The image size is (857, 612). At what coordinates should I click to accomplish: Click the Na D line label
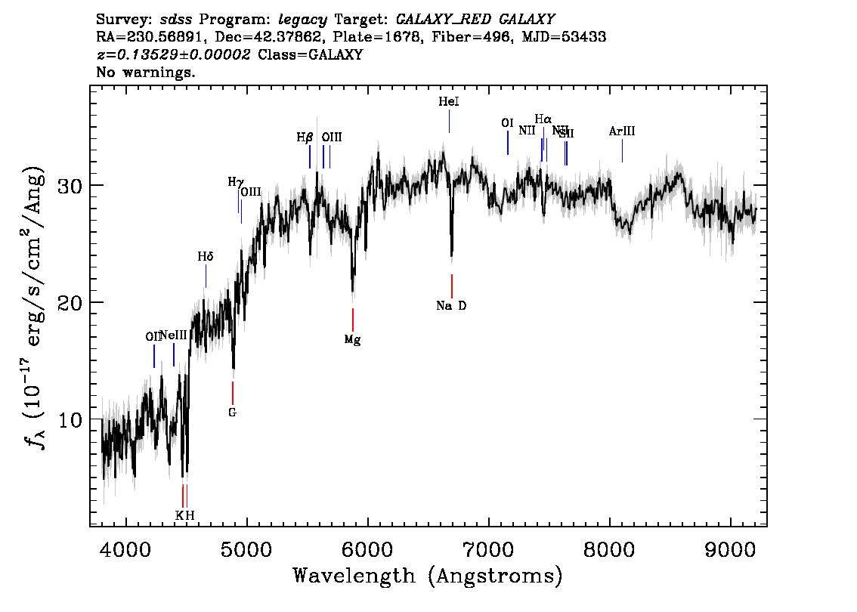(451, 306)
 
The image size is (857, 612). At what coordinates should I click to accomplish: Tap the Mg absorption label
(352, 340)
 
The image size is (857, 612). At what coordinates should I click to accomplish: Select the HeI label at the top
(448, 101)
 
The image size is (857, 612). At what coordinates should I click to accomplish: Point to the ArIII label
(621, 131)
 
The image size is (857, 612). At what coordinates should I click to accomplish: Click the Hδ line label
(206, 257)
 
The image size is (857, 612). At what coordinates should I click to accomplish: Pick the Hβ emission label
(305, 138)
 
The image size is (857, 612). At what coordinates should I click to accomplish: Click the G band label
(232, 413)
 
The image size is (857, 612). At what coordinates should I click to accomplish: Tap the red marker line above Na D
(451, 286)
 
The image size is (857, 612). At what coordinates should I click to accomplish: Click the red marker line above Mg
(352, 320)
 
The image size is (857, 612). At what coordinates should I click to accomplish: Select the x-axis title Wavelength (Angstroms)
(428, 576)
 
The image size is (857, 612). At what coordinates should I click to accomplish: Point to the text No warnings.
(146, 73)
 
